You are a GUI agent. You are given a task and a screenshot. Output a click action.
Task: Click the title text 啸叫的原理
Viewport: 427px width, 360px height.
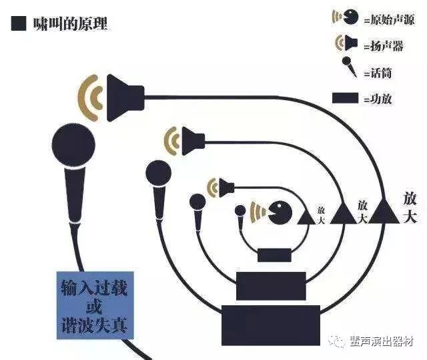[x=70, y=23]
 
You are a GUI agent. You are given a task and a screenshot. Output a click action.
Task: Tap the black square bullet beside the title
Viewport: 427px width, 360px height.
[x=19, y=23]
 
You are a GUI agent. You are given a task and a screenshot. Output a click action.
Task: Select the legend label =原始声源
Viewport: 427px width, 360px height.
[x=390, y=19]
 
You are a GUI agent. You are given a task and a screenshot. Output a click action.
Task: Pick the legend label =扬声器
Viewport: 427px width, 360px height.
[x=384, y=46]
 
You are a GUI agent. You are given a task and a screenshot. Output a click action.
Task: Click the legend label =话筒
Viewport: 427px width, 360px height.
[x=378, y=73]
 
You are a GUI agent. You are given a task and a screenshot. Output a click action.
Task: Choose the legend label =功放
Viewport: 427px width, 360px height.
[x=378, y=99]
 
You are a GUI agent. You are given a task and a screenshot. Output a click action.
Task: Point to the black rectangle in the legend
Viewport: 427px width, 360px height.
[x=345, y=98]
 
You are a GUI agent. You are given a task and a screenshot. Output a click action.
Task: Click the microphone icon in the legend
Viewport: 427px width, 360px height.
[x=350, y=67]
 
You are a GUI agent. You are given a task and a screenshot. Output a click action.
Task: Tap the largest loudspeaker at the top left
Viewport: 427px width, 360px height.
[x=125, y=98]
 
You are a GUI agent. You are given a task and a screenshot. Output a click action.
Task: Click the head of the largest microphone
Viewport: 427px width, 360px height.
[x=73, y=145]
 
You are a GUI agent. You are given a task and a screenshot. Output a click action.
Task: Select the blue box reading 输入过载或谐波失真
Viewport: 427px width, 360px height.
[x=95, y=305]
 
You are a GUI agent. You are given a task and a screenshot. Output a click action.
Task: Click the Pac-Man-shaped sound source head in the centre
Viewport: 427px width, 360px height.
[x=280, y=212]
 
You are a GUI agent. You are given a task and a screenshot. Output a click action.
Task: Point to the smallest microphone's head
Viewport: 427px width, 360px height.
[x=240, y=210]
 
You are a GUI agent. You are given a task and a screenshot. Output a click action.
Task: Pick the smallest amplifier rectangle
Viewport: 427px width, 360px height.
[x=274, y=255]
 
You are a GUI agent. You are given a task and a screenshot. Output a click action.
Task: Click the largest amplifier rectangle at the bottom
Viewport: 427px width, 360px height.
[x=271, y=325]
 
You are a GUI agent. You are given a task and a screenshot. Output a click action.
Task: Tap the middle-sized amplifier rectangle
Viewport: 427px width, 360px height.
[x=271, y=286]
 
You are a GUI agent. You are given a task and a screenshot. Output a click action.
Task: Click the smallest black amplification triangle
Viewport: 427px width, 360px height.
[x=306, y=217]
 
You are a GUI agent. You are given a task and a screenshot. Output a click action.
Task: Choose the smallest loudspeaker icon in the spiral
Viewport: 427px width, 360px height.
[x=226, y=187]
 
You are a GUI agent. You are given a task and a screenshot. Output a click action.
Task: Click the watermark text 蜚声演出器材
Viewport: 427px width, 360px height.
[x=382, y=341]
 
